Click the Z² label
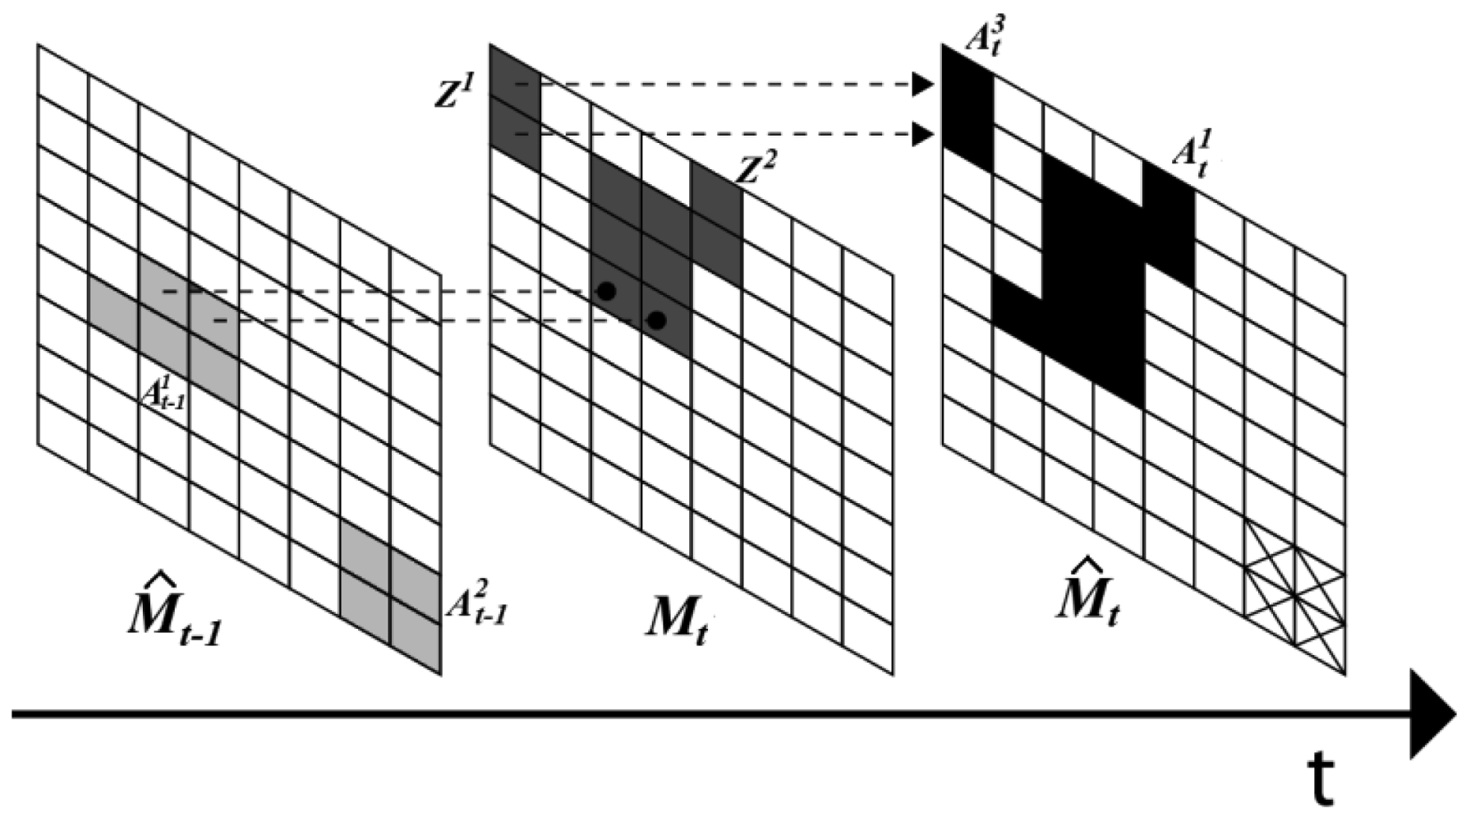click(x=756, y=169)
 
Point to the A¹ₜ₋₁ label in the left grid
click(x=163, y=393)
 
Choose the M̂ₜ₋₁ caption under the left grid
click(x=174, y=618)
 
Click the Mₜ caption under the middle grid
click(x=675, y=618)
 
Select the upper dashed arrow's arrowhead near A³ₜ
click(x=923, y=84)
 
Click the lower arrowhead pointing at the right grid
click(x=923, y=133)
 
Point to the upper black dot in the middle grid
click(x=606, y=291)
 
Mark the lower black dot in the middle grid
click(x=656, y=321)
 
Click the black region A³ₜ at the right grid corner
click(x=967, y=107)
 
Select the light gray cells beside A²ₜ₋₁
click(x=391, y=596)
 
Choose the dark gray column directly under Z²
click(x=716, y=222)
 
